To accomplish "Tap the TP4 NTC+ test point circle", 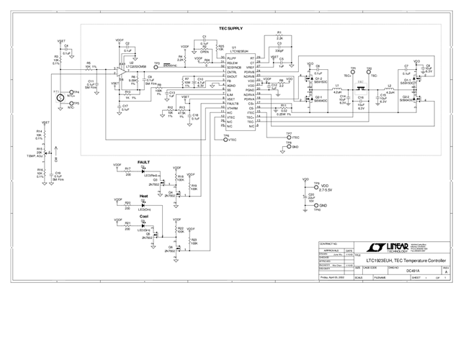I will tap(70, 93).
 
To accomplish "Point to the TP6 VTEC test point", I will tap(226, 140).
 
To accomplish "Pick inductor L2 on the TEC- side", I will tap(390, 89).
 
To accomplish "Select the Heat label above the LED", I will tap(143, 195).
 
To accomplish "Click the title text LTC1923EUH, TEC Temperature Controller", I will tap(400, 259).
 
